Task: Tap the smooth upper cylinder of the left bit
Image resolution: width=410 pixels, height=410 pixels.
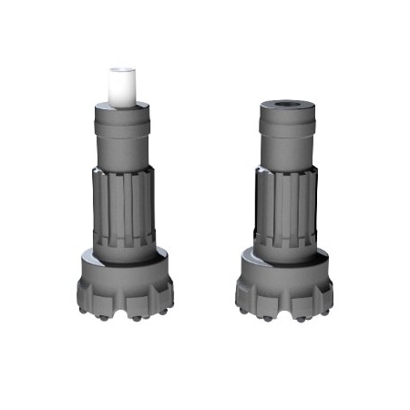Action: coord(122,137)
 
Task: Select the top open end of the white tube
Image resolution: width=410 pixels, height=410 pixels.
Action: coord(121,69)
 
